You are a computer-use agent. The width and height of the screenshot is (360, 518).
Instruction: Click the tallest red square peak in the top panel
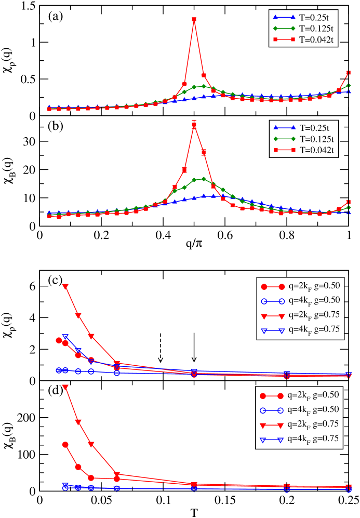click(194, 20)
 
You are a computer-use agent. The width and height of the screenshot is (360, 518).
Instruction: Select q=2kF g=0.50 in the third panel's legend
click(300, 287)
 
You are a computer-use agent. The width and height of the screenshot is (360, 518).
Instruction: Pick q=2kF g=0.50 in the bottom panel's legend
click(300, 396)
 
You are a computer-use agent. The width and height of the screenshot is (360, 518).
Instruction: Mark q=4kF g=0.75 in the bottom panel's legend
click(300, 440)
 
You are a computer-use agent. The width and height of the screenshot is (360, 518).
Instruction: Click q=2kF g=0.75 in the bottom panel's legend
click(300, 425)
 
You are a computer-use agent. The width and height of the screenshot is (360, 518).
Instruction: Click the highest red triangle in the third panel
click(65, 286)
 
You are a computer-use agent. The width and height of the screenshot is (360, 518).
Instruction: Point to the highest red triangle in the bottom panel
click(65, 387)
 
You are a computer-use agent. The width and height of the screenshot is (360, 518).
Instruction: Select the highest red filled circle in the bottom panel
click(65, 445)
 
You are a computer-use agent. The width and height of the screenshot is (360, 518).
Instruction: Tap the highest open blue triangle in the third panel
click(65, 337)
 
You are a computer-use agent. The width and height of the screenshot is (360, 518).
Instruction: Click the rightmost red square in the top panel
click(349, 73)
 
